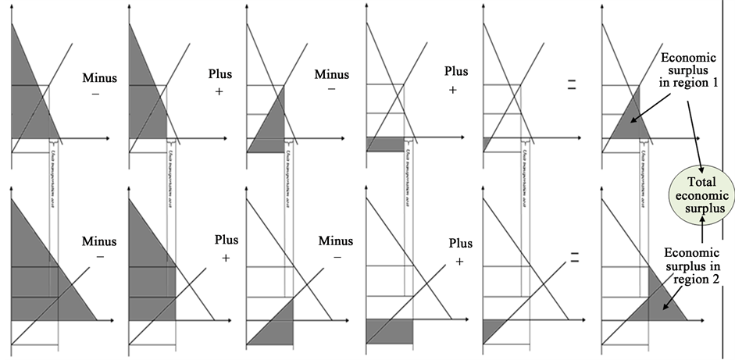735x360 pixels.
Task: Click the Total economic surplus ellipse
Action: pyautogui.click(x=701, y=195)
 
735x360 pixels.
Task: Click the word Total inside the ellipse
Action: pyautogui.click(x=701, y=181)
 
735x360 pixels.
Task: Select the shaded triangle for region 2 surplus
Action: pyautogui.click(x=656, y=301)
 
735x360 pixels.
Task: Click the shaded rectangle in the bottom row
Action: pyautogui.click(x=389, y=331)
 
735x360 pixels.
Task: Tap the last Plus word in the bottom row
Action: pyautogui.click(x=458, y=243)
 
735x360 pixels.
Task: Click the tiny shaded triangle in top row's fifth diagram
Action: pyautogui.click(x=486, y=143)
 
